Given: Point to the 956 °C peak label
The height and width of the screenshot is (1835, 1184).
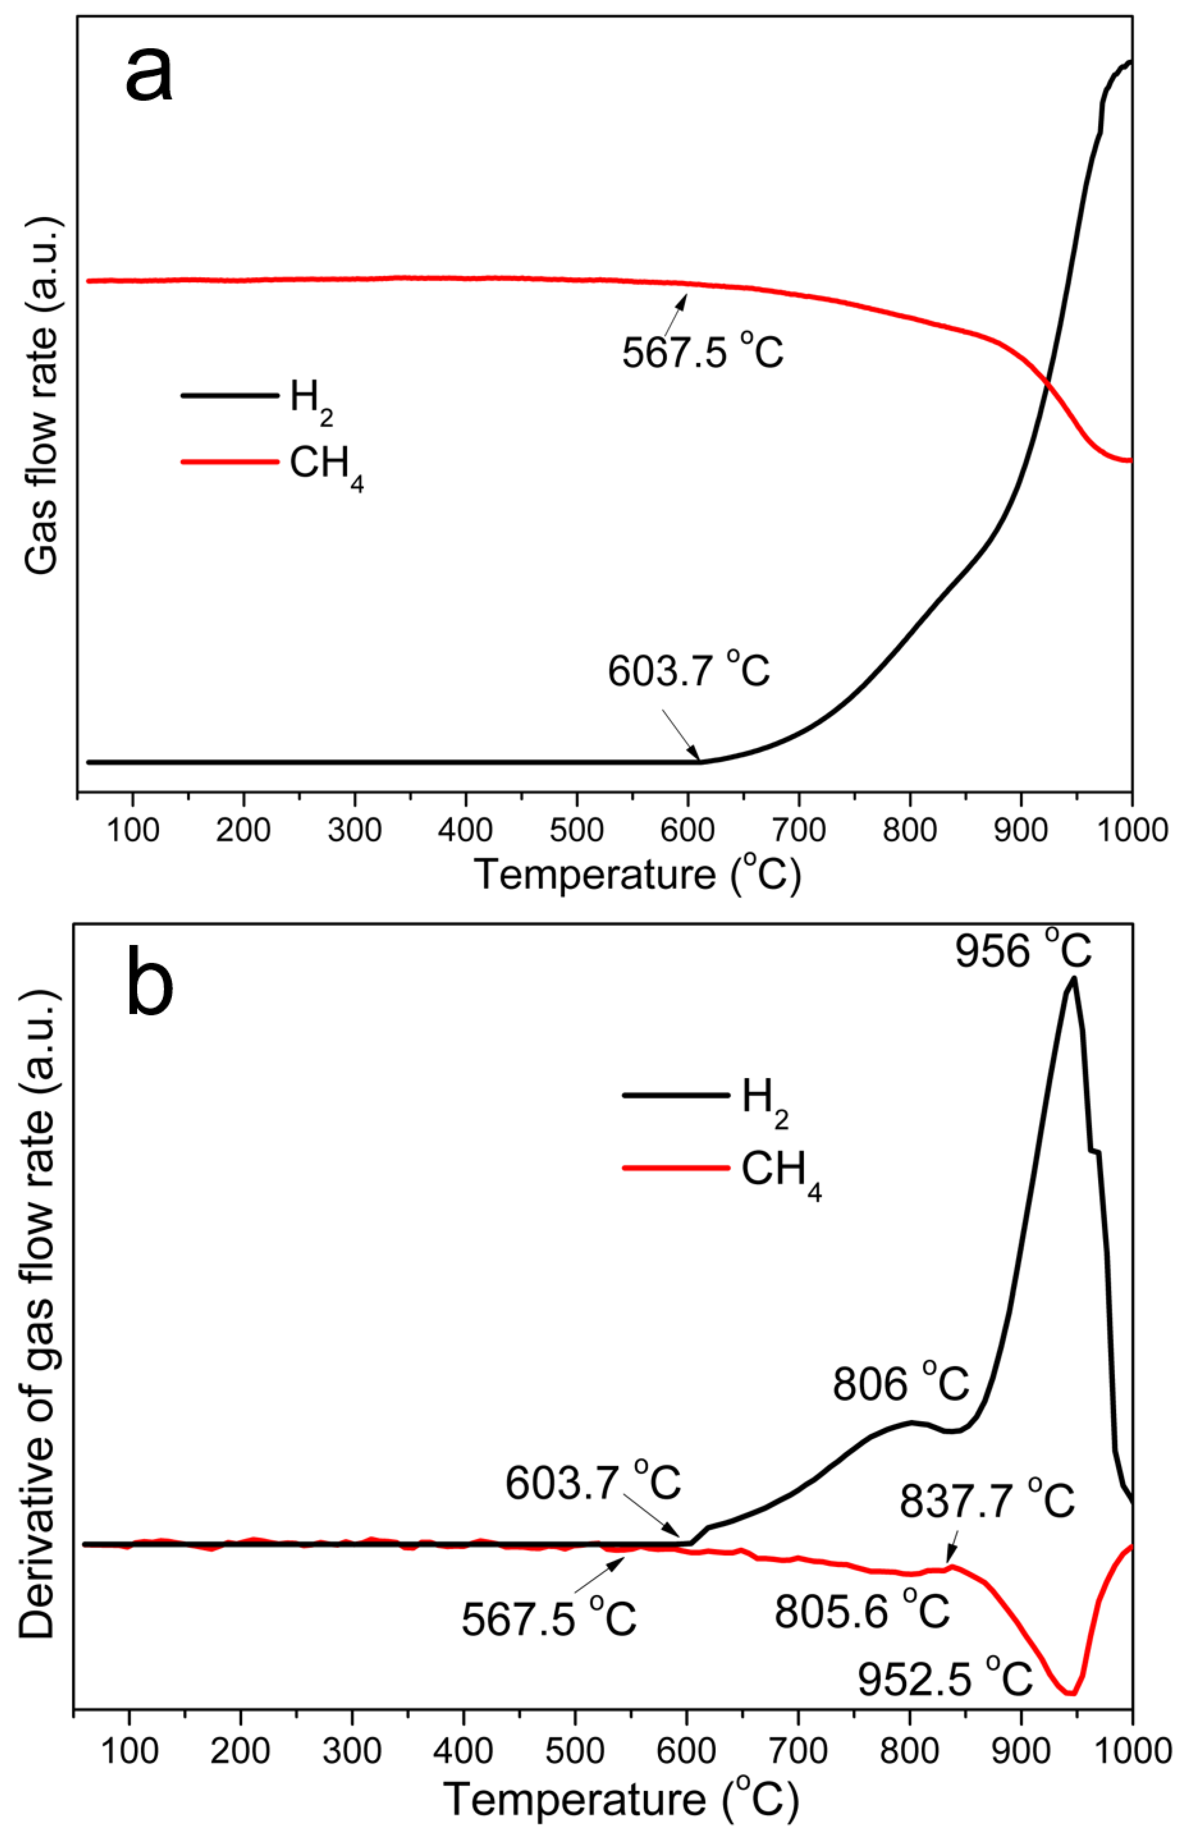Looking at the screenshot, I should point(1022,951).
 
